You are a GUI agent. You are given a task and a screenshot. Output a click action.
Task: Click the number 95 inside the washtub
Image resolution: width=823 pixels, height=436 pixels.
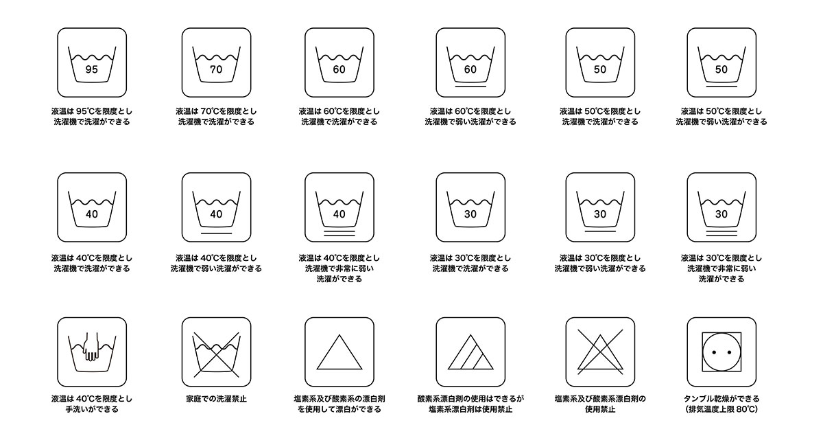tap(91, 69)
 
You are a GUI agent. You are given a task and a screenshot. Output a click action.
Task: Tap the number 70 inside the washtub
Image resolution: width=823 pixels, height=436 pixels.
tap(216, 69)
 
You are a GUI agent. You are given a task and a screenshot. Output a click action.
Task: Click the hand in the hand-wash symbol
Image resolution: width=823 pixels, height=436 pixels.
tap(91, 347)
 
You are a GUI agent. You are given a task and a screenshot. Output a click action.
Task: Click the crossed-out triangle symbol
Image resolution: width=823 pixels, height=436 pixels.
tap(600, 352)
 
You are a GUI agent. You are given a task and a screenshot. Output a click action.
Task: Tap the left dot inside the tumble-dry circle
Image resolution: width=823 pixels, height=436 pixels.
tap(714, 352)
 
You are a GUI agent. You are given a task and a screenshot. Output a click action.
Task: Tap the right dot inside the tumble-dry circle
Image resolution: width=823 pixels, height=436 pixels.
tap(729, 352)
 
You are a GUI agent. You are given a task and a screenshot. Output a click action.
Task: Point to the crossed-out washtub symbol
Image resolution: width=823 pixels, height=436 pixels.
tap(217, 354)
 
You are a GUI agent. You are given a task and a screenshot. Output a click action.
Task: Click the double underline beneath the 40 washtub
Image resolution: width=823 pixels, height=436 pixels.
tap(339, 233)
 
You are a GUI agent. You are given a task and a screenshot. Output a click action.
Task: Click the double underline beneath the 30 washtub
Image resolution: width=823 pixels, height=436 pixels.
tap(721, 233)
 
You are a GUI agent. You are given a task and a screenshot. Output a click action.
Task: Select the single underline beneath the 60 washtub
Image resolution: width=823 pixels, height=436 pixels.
tap(470, 87)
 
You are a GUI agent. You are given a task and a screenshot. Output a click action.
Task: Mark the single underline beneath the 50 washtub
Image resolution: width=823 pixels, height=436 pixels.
tap(721, 87)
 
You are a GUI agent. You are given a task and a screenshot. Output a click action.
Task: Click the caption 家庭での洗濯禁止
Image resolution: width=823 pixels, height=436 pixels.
tap(217, 398)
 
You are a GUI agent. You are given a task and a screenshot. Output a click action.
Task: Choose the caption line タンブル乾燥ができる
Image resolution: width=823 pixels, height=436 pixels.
tap(721, 398)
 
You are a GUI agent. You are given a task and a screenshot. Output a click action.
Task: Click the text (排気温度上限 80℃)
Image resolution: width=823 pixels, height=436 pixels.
tap(721, 409)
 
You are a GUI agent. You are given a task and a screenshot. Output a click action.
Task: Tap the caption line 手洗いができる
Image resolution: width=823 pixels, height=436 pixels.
tap(92, 409)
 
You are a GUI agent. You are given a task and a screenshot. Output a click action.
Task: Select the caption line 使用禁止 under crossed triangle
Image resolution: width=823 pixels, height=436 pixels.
tap(600, 409)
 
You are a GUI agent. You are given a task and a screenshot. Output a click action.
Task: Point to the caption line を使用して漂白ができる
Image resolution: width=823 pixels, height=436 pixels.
tap(339, 409)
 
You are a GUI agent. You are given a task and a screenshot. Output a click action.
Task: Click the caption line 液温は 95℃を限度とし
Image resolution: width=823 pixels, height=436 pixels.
tap(92, 111)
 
